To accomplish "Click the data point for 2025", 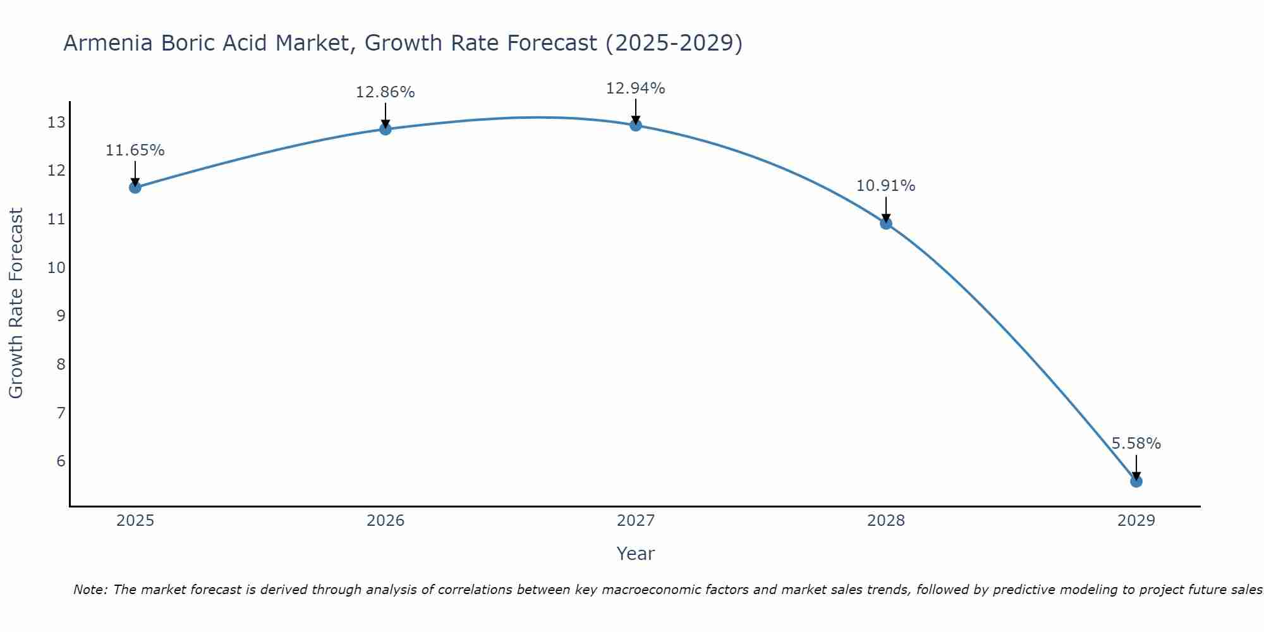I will tap(135, 187).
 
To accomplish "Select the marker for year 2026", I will tap(385, 129).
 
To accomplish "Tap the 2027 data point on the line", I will tap(635, 125).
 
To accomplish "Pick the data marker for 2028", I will tap(885, 223).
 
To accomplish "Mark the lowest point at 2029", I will tap(1136, 482).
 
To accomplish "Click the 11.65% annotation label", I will tap(135, 150).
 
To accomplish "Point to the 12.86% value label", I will tap(385, 92).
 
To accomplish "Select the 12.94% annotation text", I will tap(635, 88).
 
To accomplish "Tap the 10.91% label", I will tap(885, 186).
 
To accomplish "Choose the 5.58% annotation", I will tap(1136, 444).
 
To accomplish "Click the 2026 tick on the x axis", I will tap(386, 521).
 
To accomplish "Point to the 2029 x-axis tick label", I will tap(1136, 521).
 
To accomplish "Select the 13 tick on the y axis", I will tap(56, 123).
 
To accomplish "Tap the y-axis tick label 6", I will tap(61, 461).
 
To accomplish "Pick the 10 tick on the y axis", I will tap(56, 267).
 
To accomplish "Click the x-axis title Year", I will tap(635, 554).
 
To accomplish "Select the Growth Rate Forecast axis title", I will tap(16, 303).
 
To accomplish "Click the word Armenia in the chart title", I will tap(108, 43).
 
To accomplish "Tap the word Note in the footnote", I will tap(91, 590).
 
